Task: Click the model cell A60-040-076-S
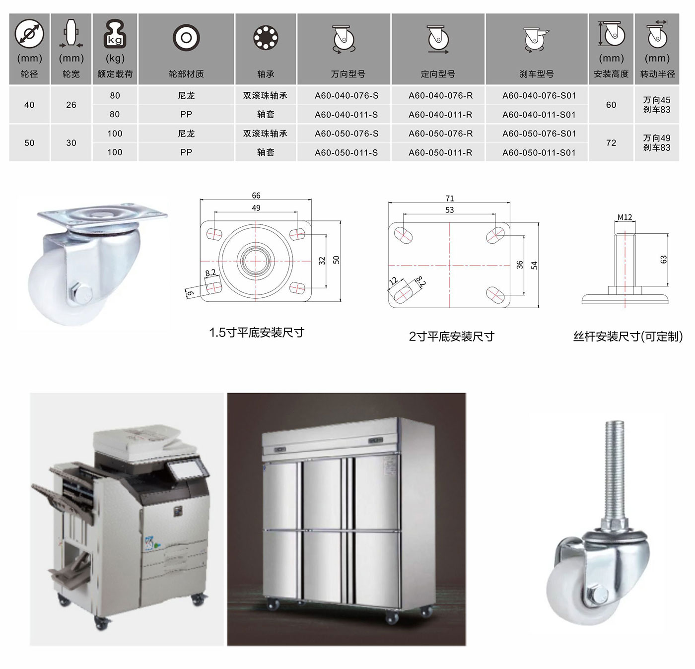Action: [346, 96]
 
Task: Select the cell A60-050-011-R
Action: [440, 153]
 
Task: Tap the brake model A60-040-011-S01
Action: [539, 115]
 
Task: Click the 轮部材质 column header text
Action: [186, 74]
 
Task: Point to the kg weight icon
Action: [115, 34]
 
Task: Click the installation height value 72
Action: [611, 143]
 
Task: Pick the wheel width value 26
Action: [71, 105]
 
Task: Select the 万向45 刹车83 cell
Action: [656, 105]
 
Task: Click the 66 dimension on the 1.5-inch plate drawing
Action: [256, 195]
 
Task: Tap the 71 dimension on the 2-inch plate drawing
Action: [449, 198]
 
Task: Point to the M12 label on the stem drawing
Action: [625, 217]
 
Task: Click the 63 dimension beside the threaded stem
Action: [663, 260]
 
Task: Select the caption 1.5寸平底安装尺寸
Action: [257, 333]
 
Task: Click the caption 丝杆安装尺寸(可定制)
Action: [628, 336]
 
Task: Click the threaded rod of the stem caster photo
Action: [614, 471]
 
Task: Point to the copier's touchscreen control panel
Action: [187, 470]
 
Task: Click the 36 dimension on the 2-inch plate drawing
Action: [520, 265]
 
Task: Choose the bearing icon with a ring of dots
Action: [266, 38]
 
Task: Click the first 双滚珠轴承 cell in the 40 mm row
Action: [265, 96]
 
